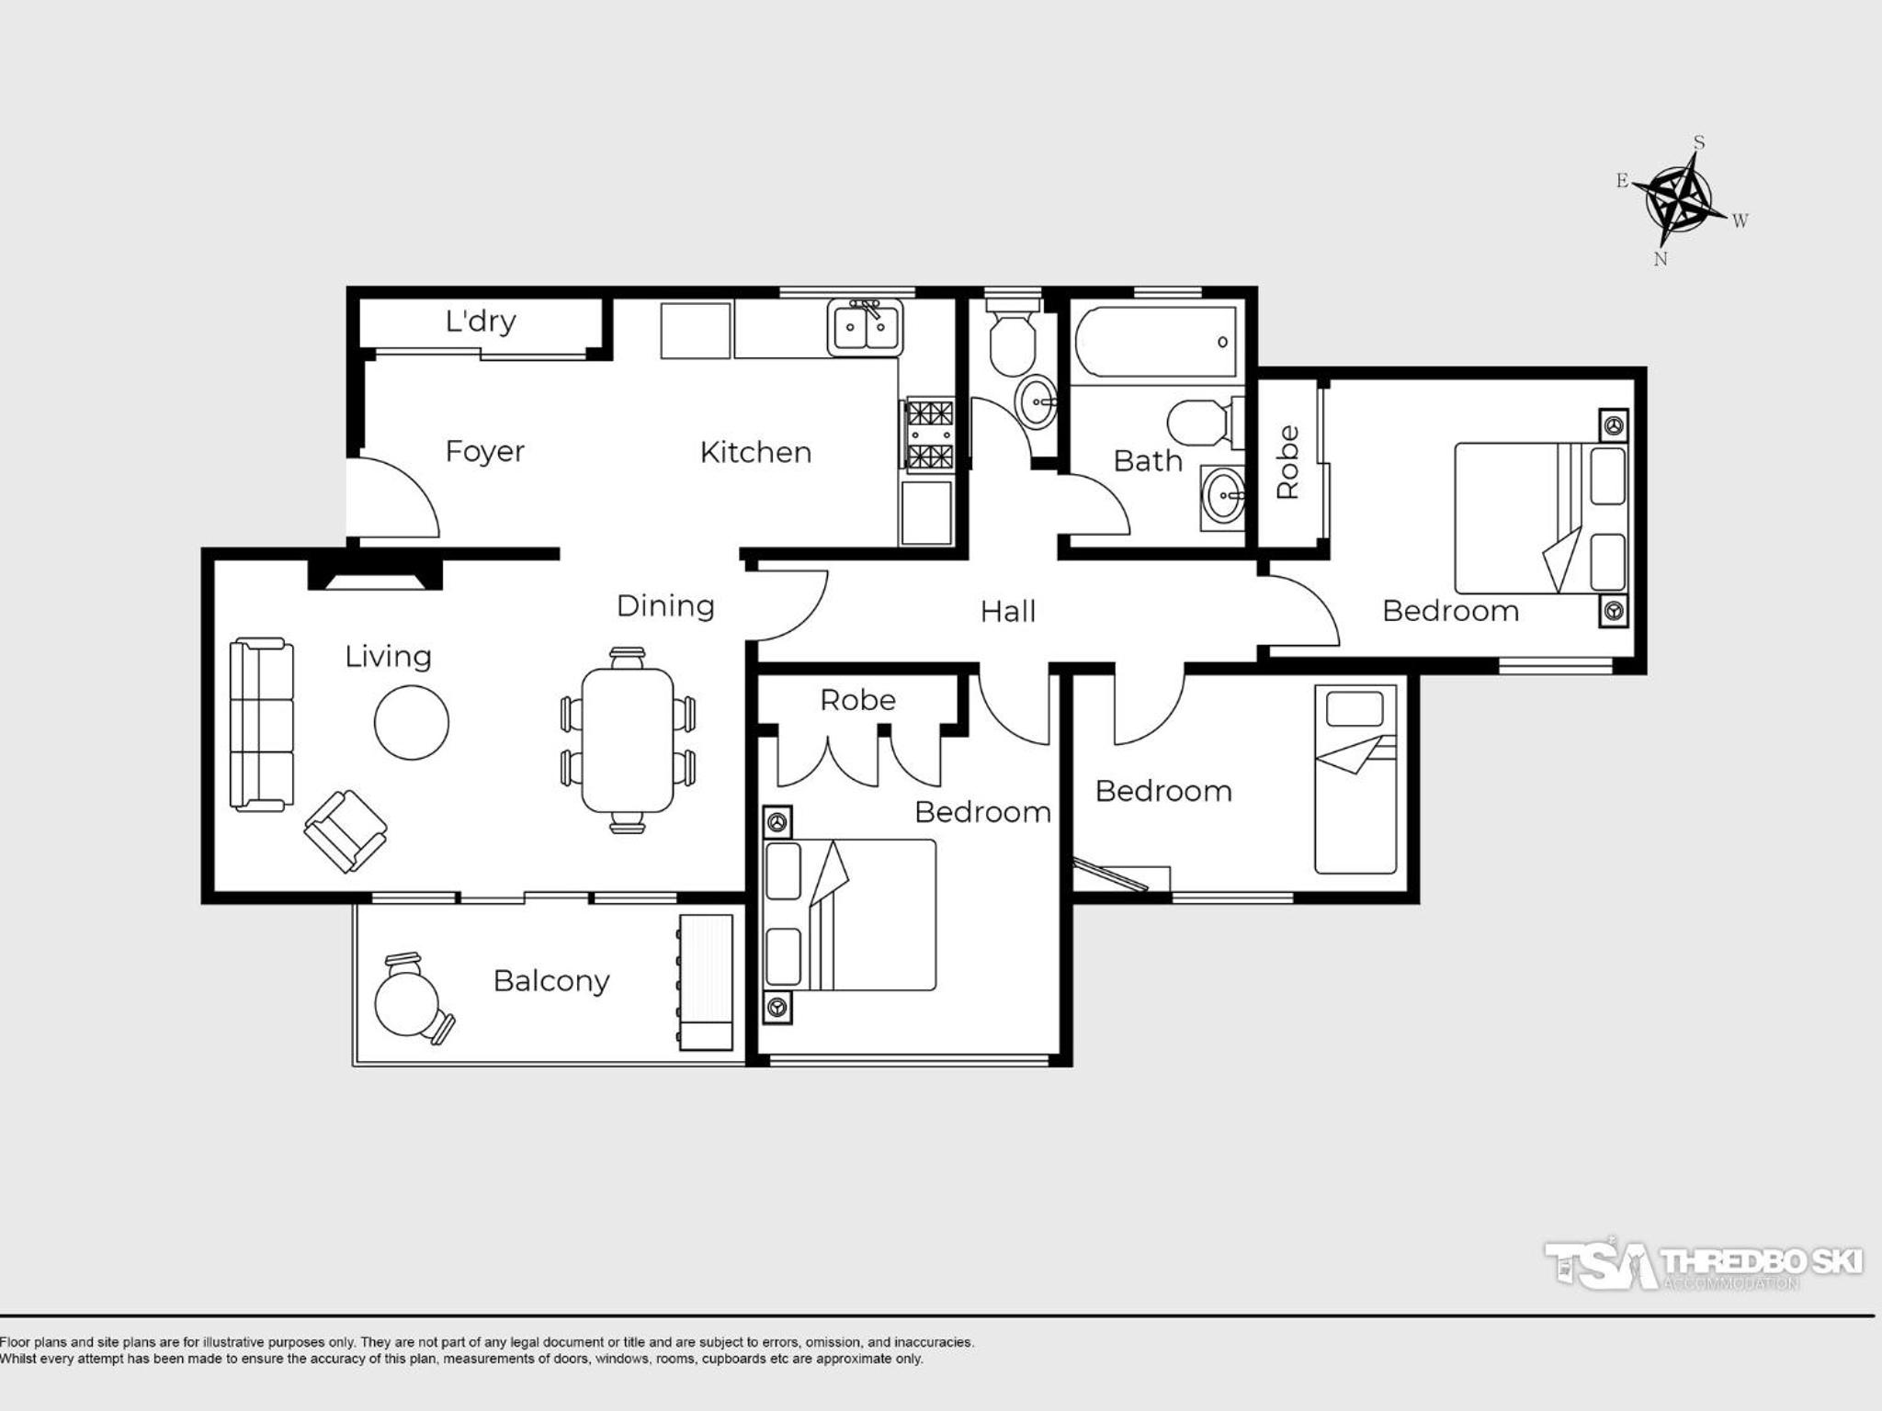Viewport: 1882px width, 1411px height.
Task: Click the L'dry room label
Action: tap(481, 322)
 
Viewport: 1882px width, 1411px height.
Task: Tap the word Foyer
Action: tap(484, 452)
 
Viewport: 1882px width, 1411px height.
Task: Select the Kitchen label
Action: tap(755, 452)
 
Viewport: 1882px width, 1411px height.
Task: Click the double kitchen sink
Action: tap(866, 326)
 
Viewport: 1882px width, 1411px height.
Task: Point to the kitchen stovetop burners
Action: tap(929, 435)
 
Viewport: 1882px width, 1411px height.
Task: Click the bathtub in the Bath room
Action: tap(1156, 342)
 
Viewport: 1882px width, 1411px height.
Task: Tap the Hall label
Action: tap(1008, 612)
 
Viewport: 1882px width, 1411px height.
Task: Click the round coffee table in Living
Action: tap(412, 723)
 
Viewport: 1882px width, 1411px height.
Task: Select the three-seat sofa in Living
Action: tap(262, 725)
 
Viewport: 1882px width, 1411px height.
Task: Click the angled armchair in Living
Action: tap(346, 830)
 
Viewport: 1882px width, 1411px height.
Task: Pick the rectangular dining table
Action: tap(628, 740)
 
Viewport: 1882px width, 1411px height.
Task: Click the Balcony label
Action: tap(551, 982)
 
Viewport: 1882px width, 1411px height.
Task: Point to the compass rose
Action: tap(1680, 199)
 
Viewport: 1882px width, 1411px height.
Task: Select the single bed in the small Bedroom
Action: tap(1355, 779)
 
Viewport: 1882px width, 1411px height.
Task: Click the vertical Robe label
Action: tap(1288, 462)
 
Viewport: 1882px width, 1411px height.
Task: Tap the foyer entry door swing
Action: tap(398, 496)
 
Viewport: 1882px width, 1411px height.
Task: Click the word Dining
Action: tap(665, 606)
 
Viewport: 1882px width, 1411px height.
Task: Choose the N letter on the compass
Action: tap(1661, 259)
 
